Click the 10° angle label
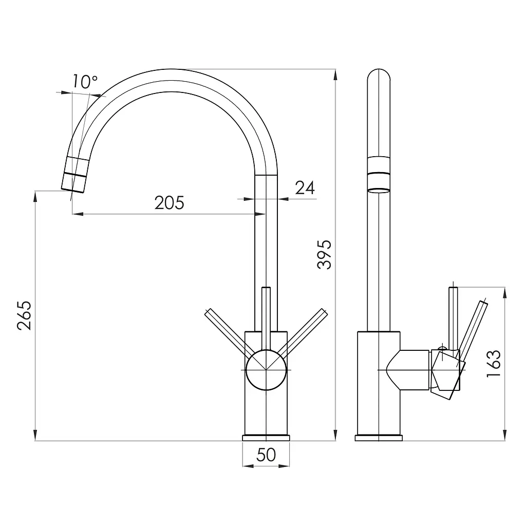click(x=85, y=82)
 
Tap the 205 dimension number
click(x=170, y=202)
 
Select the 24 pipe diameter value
click(x=305, y=188)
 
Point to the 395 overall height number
click(x=324, y=255)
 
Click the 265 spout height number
click(x=25, y=316)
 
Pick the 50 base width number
click(x=266, y=455)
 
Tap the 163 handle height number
click(x=494, y=364)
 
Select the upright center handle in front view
click(x=266, y=318)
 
